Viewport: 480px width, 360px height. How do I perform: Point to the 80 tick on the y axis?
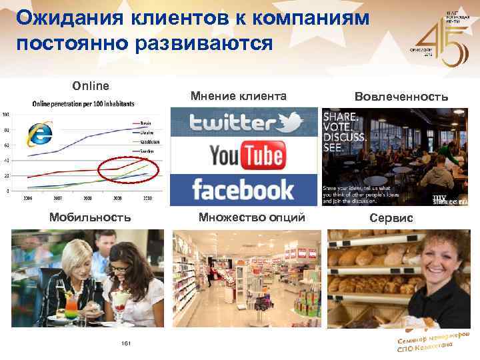pos(7,130)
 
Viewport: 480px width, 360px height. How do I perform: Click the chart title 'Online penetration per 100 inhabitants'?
pos(84,103)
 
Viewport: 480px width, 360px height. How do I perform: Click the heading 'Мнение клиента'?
pos(238,97)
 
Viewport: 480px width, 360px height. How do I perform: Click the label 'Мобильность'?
pos(89,217)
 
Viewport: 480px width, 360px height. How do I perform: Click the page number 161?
pos(124,343)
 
